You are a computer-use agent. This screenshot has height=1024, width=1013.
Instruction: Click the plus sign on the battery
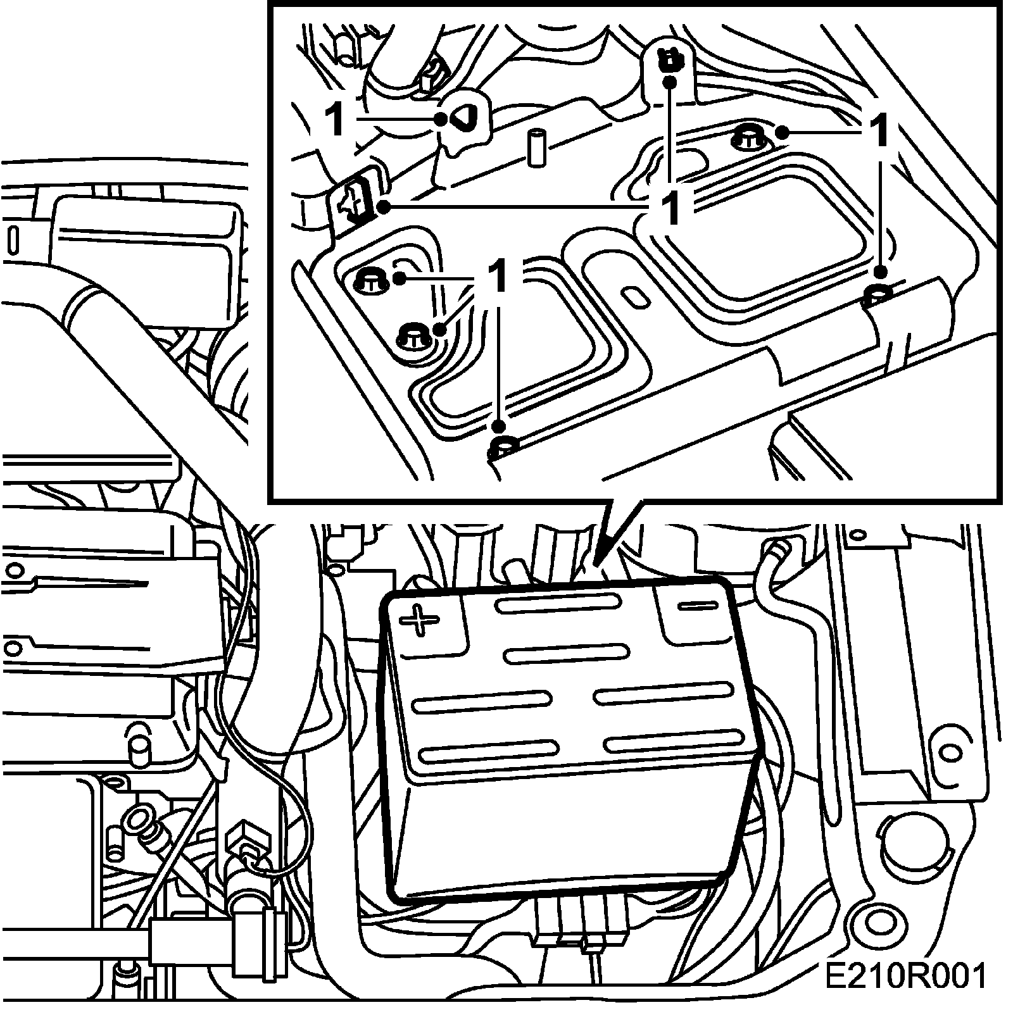click(x=419, y=620)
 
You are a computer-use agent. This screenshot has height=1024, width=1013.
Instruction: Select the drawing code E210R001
click(x=905, y=994)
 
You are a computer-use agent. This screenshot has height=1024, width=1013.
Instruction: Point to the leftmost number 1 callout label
click(x=335, y=120)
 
